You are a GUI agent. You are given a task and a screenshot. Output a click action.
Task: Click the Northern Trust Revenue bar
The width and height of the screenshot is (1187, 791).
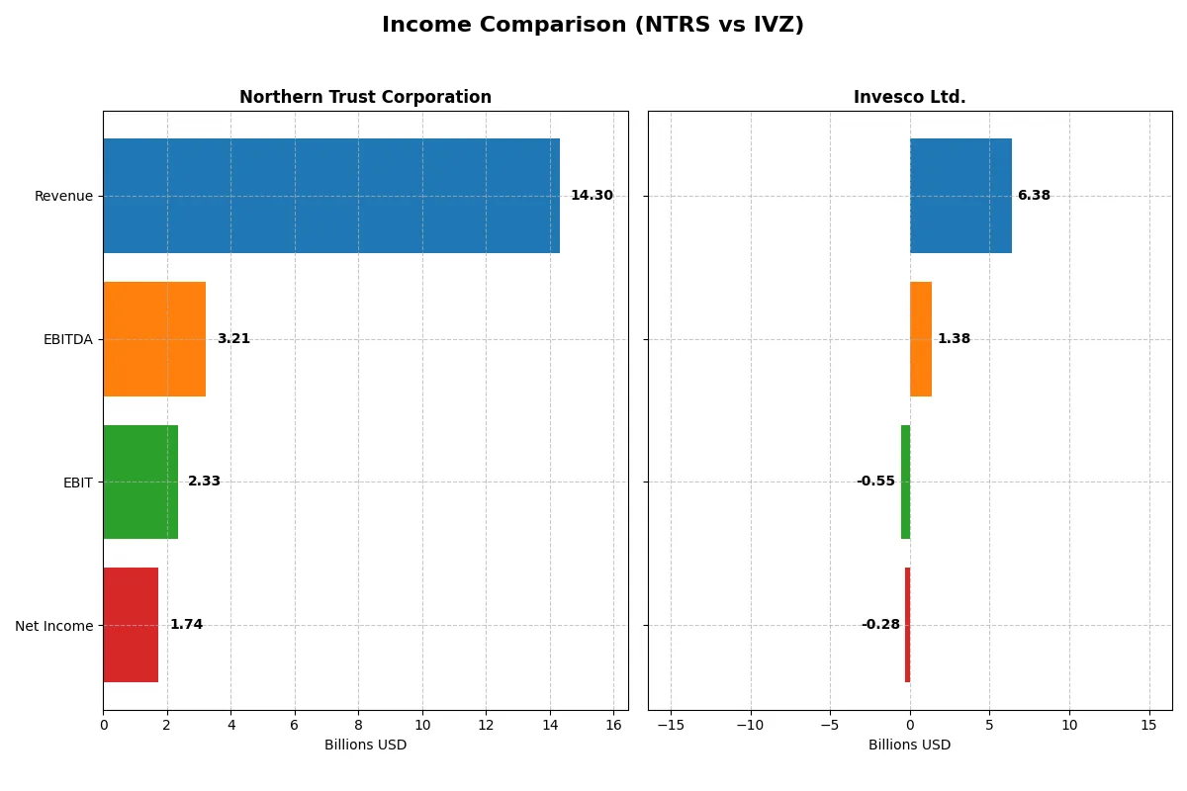pyautogui.click(x=331, y=196)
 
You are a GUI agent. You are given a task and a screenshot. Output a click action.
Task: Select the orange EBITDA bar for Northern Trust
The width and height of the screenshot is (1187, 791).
pyautogui.click(x=154, y=339)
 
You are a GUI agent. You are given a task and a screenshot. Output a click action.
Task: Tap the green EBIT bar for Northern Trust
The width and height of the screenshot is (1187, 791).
pyautogui.click(x=140, y=482)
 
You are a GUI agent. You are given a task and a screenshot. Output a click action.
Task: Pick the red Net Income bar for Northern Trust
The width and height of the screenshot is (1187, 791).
pyautogui.click(x=131, y=625)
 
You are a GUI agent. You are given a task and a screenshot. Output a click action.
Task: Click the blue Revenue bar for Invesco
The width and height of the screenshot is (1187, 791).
pyautogui.click(x=960, y=196)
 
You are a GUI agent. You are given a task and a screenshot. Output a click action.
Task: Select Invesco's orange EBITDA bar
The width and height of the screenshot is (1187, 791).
pyautogui.click(x=921, y=339)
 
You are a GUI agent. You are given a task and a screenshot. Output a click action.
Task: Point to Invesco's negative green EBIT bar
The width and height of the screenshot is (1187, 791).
pyautogui.click(x=905, y=482)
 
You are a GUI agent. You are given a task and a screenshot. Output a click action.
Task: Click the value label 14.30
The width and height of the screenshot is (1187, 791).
pyautogui.click(x=592, y=196)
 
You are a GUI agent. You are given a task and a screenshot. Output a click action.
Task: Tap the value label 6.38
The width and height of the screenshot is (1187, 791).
pyautogui.click(x=1034, y=196)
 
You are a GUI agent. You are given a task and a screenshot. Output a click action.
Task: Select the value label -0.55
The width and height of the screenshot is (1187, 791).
pyautogui.click(x=875, y=482)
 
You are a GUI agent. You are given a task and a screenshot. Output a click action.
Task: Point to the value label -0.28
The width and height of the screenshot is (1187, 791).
pyautogui.click(x=880, y=625)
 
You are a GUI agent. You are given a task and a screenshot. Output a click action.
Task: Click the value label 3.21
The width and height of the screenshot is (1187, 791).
pyautogui.click(x=233, y=339)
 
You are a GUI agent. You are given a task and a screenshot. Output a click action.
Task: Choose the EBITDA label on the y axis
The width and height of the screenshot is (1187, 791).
pyautogui.click(x=67, y=340)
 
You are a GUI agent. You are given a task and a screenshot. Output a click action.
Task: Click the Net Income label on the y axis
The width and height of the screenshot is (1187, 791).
pyautogui.click(x=54, y=626)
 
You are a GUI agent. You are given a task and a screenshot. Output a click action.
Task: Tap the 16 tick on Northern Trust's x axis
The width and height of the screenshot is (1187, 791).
pyautogui.click(x=613, y=725)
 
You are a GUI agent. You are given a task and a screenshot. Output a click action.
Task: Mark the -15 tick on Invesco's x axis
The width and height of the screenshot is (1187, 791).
pyautogui.click(x=671, y=725)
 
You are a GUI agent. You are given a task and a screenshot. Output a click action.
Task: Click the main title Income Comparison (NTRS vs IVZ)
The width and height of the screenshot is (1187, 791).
pyautogui.click(x=593, y=26)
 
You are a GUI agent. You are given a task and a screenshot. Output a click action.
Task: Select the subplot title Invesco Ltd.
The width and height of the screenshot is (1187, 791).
pyautogui.click(x=909, y=98)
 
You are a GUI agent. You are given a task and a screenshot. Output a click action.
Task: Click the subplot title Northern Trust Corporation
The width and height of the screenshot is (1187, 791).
pyautogui.click(x=365, y=98)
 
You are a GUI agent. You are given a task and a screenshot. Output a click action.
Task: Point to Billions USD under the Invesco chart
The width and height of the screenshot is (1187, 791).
pyautogui.click(x=909, y=746)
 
